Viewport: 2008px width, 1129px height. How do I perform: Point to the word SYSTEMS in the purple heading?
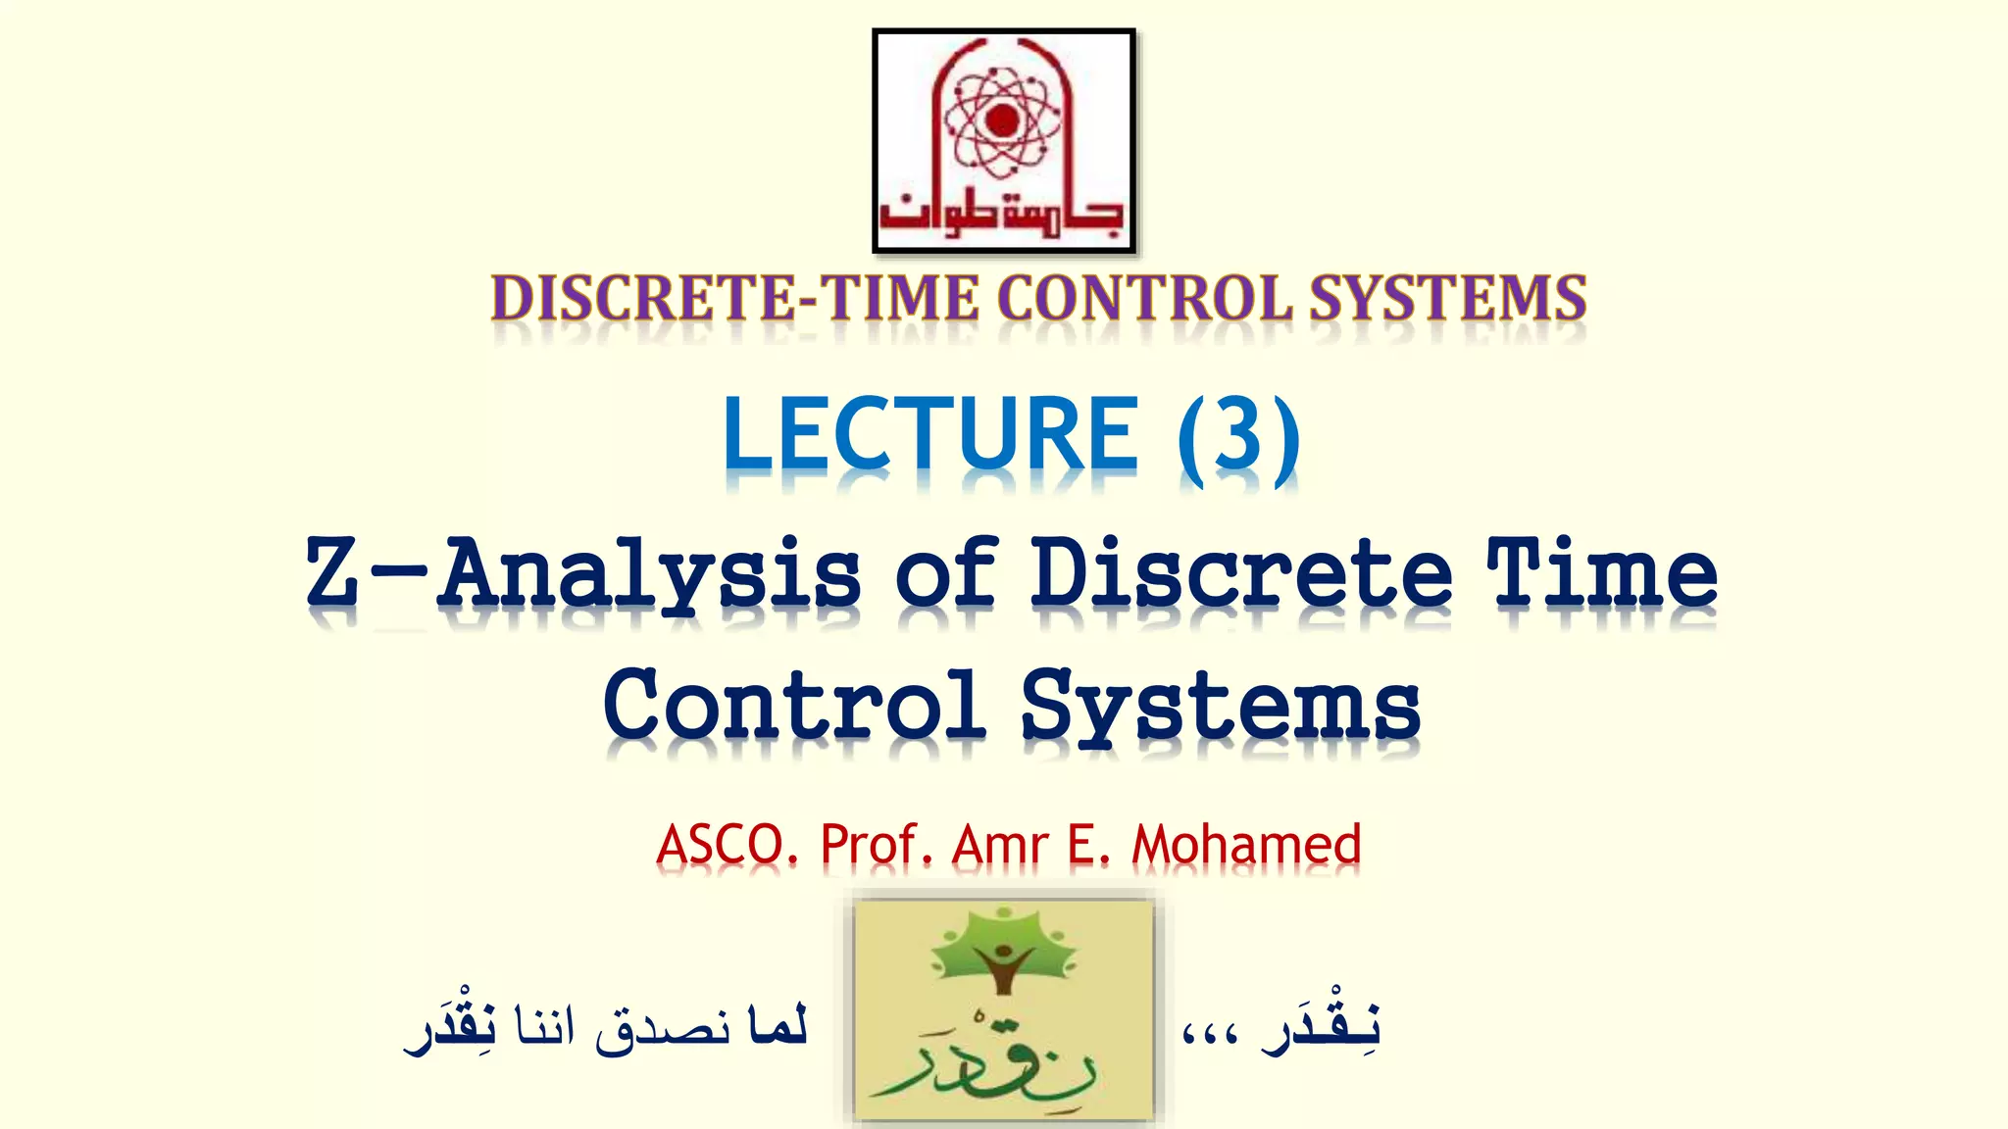pyautogui.click(x=1447, y=298)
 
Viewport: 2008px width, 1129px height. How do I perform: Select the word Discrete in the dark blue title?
pyautogui.click(x=1240, y=573)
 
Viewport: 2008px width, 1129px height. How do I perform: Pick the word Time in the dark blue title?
pyautogui.click(x=1601, y=573)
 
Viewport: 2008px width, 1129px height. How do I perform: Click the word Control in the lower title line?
pyautogui.click(x=794, y=706)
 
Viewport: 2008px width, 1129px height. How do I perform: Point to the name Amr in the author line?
pyautogui.click(x=1000, y=845)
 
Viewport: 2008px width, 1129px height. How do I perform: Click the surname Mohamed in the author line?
pyautogui.click(x=1246, y=845)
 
